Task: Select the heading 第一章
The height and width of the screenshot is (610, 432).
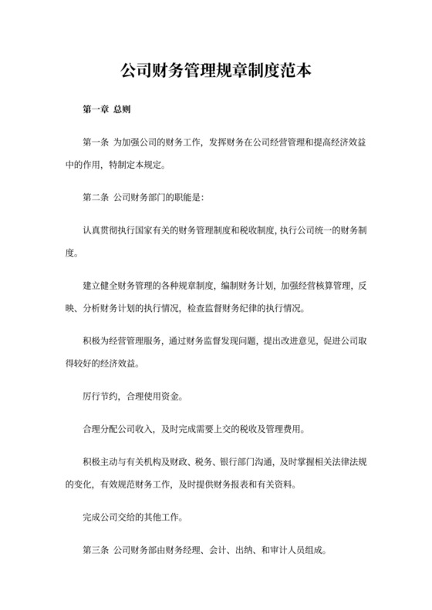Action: pos(94,110)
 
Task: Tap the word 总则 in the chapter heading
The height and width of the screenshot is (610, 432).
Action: pos(122,110)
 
